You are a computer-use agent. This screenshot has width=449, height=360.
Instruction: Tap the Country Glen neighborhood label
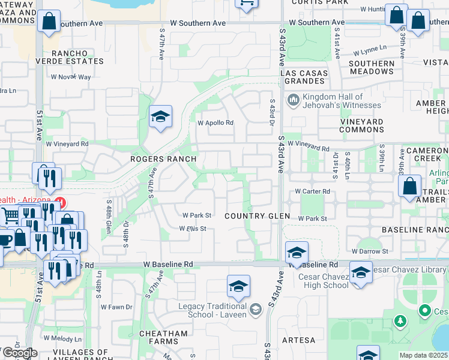coord(258,216)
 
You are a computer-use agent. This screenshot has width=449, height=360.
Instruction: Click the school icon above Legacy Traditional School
coord(238,287)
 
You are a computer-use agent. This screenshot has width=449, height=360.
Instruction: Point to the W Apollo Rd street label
coord(215,123)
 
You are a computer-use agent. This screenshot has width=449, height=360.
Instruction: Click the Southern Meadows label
coord(371,67)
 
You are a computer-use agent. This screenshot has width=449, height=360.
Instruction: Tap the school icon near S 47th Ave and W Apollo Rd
coord(160,117)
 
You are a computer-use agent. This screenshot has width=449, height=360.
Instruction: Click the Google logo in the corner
coord(19,353)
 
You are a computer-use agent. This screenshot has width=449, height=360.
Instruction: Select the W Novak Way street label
coord(71,77)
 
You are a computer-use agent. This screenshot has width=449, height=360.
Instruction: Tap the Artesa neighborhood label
coord(298,340)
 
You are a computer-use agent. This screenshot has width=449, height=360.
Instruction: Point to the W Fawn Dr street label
coord(116,307)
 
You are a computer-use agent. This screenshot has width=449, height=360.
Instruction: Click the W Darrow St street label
coord(370,251)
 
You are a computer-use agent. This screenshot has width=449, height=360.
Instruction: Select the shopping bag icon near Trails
coord(409,187)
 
